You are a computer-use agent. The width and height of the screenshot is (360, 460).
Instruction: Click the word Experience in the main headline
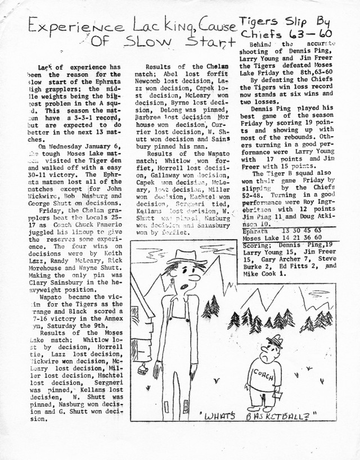(62, 26)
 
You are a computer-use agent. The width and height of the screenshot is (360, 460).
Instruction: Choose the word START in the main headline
(211, 42)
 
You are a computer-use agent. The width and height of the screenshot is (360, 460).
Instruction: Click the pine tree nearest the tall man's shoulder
(211, 307)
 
